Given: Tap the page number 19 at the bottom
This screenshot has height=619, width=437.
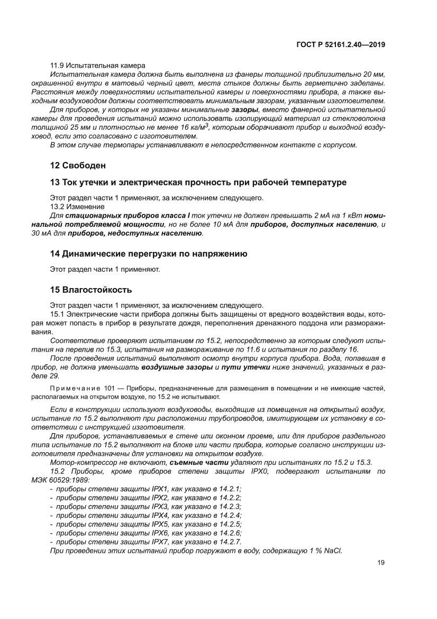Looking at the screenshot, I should pyautogui.click(x=381, y=563).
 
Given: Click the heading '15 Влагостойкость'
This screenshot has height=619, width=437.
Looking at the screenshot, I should pyautogui.click(x=90, y=290).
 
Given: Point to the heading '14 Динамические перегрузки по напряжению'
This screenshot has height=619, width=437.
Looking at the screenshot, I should pyautogui.click(x=149, y=254).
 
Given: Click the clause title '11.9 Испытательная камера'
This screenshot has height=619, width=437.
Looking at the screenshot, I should pyautogui.click(x=97, y=65).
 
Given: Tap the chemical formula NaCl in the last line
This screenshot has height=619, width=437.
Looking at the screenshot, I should pyautogui.click(x=334, y=551).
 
